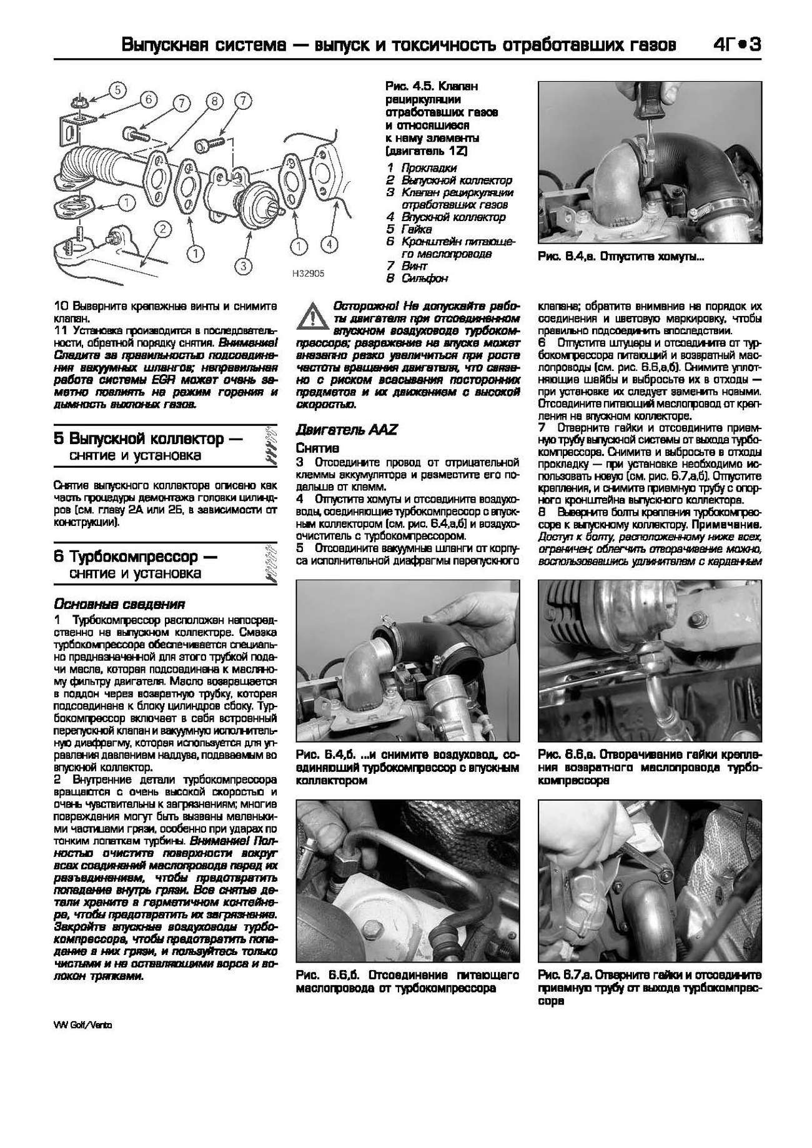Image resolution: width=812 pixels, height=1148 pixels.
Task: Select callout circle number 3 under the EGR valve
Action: (x=244, y=266)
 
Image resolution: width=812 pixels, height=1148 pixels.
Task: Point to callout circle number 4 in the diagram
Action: (x=329, y=245)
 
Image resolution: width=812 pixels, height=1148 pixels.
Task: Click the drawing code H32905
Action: (x=307, y=274)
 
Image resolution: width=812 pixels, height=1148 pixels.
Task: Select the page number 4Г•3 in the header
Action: (x=735, y=46)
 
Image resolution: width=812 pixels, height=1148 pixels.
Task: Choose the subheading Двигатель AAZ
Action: (x=346, y=430)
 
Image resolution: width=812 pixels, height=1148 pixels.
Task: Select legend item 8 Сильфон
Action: (x=417, y=278)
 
